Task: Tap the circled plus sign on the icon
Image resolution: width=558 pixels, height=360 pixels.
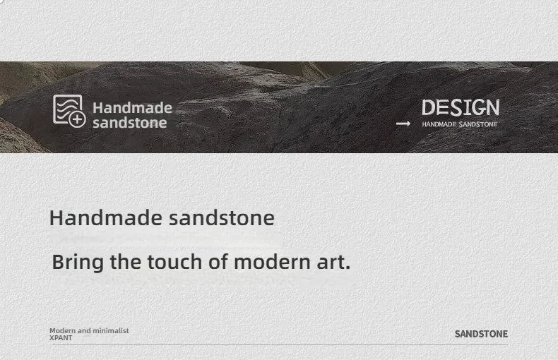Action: click(x=77, y=119)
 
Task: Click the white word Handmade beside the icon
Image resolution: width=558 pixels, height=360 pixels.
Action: click(x=132, y=108)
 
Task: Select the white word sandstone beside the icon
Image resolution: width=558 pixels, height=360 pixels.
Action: click(x=129, y=123)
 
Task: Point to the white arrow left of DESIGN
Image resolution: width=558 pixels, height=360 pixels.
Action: click(x=403, y=124)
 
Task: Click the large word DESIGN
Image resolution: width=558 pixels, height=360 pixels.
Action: click(x=461, y=107)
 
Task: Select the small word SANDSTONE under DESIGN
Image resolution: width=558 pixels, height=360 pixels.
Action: click(x=478, y=124)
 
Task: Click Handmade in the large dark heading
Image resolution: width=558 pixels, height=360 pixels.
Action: click(x=106, y=217)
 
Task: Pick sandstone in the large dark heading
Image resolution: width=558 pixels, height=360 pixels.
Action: click(x=221, y=218)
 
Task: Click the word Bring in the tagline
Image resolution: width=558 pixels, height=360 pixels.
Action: click(x=78, y=263)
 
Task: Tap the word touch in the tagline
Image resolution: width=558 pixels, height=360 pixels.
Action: click(x=174, y=262)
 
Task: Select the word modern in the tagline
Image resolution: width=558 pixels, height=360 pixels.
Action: click(x=272, y=262)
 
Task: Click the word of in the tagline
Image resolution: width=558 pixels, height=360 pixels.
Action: click(x=218, y=262)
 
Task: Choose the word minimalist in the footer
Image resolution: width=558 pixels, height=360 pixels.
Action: click(x=111, y=330)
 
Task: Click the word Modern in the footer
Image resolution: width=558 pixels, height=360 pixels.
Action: click(x=62, y=330)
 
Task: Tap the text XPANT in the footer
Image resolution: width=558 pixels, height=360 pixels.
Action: click(x=61, y=338)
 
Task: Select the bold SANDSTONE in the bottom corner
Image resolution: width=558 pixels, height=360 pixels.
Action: click(x=481, y=334)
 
